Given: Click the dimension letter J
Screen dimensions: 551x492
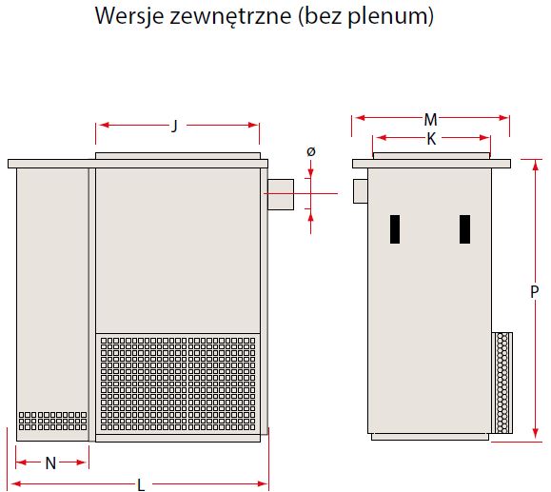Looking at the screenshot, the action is coord(175,126).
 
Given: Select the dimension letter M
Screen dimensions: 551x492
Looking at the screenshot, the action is coord(430,120).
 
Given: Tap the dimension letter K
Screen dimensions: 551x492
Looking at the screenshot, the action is coord(431,139).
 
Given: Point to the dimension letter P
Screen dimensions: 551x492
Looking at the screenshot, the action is coord(534,292).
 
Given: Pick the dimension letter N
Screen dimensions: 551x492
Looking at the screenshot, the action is coord(51,462).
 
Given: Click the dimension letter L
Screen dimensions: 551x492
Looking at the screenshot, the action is coord(141,485).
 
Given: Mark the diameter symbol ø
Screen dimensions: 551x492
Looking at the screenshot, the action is coord(311,152).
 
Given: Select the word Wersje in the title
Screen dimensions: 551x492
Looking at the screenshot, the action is coord(129,16).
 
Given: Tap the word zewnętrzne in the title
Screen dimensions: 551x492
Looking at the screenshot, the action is coord(230,16).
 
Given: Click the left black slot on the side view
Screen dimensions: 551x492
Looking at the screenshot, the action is coord(395,229).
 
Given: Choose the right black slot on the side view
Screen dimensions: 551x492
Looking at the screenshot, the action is coord(465,229).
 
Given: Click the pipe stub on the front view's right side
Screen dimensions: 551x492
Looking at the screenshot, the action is coord(281,194).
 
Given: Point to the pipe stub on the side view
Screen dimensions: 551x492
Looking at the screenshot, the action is coord(360,191).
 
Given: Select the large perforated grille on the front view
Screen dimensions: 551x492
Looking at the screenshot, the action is coord(178,384).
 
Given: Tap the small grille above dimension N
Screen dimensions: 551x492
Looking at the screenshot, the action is coord(52,421).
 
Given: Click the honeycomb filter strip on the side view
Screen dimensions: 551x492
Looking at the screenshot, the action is coord(502,383).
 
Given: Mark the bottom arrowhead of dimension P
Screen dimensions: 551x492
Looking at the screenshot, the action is coord(535,433).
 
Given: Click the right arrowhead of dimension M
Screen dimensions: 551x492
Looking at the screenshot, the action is coord(503,118).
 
